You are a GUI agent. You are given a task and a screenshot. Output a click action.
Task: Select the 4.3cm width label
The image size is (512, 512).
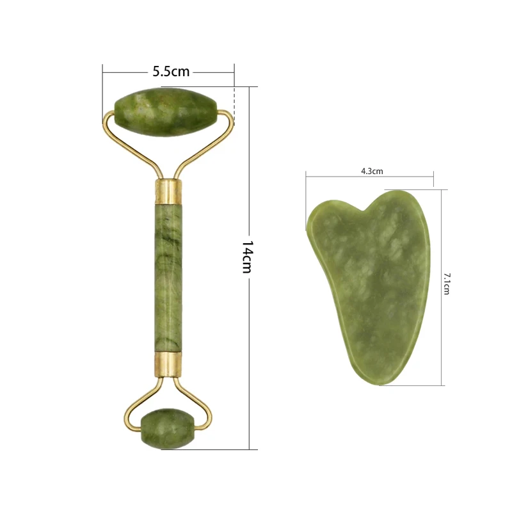[371, 171]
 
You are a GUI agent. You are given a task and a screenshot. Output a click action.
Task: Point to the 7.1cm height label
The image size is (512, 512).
[447, 283]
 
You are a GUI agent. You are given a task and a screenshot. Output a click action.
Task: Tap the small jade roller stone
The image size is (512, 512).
[168, 428]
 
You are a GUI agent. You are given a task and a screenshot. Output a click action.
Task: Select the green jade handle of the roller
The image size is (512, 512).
[168, 275]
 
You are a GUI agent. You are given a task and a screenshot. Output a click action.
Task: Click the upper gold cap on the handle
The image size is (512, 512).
[168, 190]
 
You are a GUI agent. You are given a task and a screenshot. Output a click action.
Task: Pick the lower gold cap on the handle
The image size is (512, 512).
[168, 362]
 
